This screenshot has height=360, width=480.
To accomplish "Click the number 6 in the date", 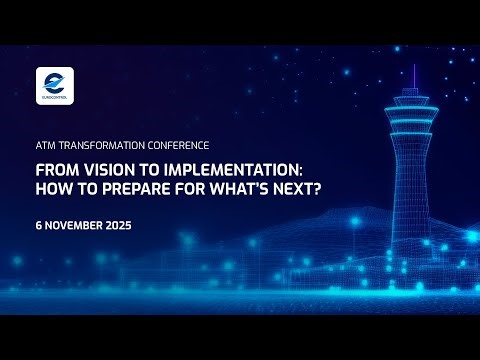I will (x=37, y=226).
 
